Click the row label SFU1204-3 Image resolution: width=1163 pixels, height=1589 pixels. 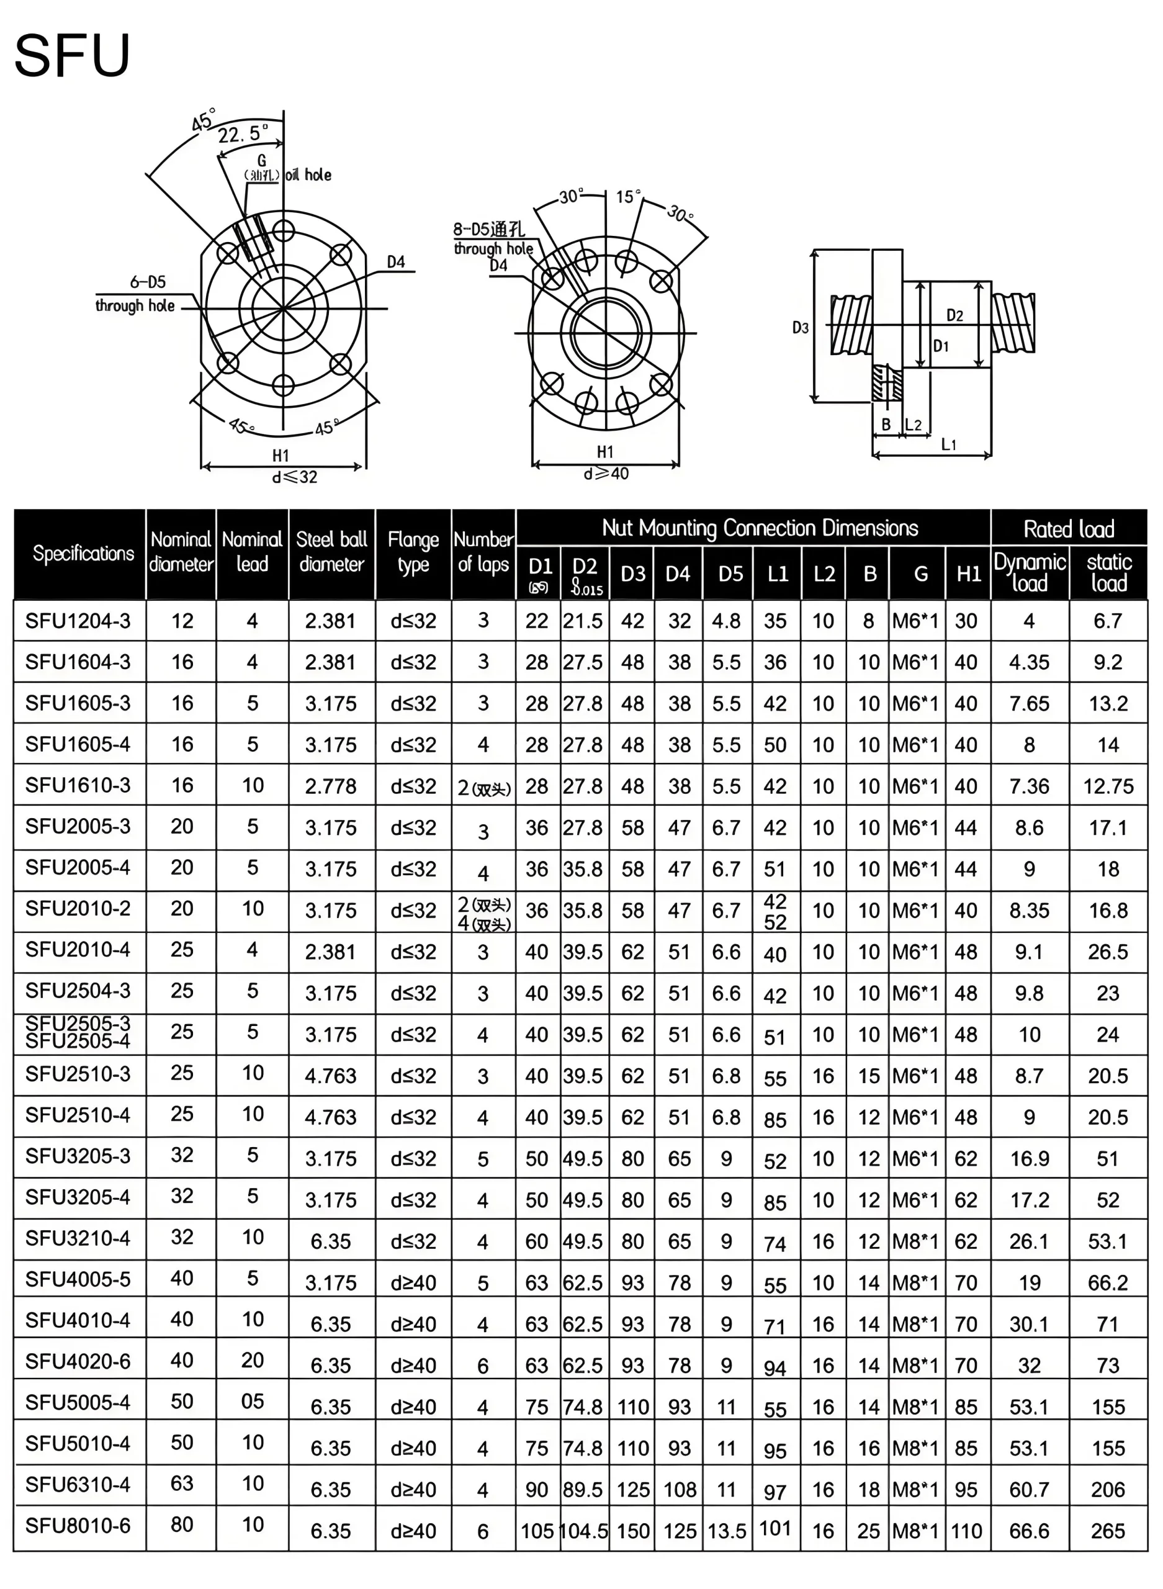tap(78, 621)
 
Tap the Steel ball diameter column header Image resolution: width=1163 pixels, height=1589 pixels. tap(331, 552)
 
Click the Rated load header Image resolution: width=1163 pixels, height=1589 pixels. tap(1068, 528)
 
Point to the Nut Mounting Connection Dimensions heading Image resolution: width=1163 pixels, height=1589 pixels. tap(760, 528)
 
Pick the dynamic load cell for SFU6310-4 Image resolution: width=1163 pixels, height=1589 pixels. tap(1028, 1490)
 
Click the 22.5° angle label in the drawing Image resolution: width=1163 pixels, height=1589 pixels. tap(242, 133)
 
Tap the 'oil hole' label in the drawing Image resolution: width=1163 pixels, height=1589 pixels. tap(308, 174)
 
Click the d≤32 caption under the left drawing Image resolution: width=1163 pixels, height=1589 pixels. tap(294, 477)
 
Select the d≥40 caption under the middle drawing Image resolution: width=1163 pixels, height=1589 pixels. tap(606, 474)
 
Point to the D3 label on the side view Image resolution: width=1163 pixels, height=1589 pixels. tap(801, 327)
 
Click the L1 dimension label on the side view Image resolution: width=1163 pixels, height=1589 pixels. tap(948, 444)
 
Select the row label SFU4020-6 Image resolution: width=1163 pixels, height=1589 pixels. tap(78, 1361)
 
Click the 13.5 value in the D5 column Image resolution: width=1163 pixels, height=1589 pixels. tap(727, 1531)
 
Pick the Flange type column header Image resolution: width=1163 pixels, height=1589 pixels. tap(413, 552)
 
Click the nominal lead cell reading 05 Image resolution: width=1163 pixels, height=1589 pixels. tap(252, 1401)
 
